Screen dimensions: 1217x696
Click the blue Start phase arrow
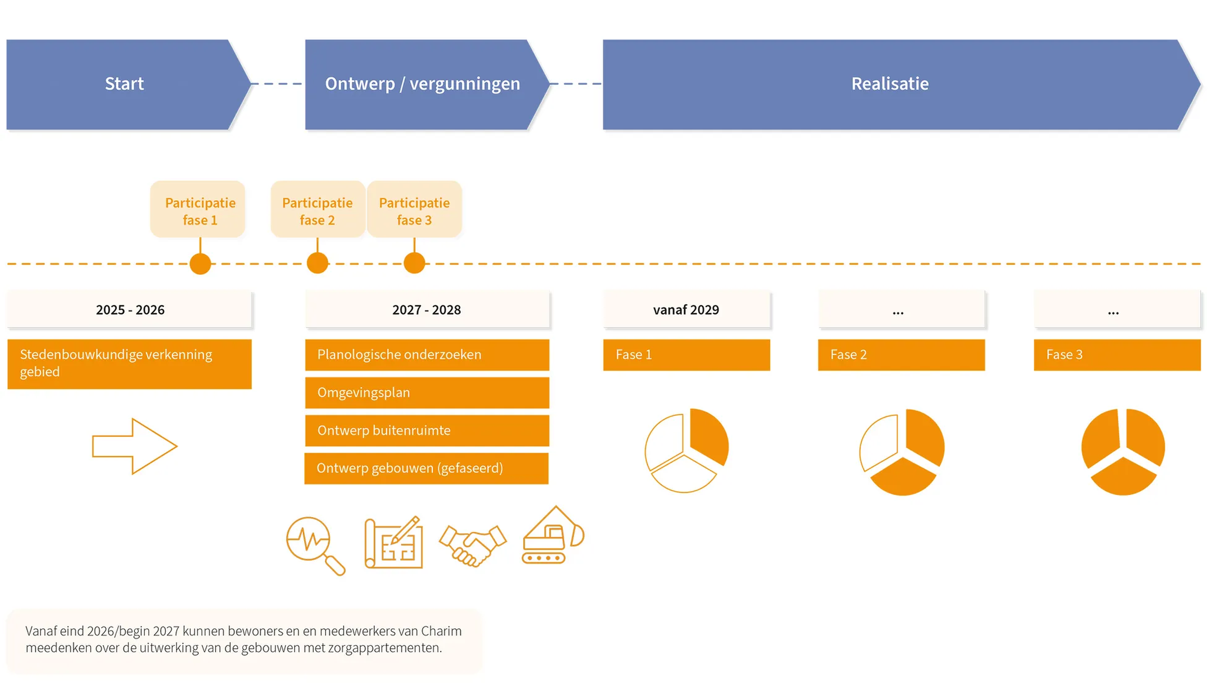tap(128, 84)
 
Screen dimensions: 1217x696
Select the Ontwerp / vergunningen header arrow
tap(427, 84)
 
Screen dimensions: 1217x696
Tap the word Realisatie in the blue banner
tap(890, 84)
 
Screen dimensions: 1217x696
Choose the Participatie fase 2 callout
tap(317, 209)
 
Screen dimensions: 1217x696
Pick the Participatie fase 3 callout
tap(414, 209)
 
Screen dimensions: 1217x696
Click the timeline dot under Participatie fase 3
tap(414, 263)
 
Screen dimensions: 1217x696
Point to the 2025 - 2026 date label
tap(130, 310)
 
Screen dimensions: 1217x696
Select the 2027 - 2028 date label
tap(427, 310)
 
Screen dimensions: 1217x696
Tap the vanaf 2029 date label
tap(687, 310)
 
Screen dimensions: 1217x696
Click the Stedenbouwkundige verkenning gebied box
tap(130, 364)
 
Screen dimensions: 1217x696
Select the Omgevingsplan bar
tap(427, 393)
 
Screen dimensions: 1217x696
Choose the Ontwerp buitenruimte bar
tap(427, 430)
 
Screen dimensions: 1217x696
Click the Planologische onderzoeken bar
tap(427, 354)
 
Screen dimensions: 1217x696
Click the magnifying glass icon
tap(316, 545)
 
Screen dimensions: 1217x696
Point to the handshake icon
tap(473, 545)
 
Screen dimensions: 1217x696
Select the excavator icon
tap(553, 535)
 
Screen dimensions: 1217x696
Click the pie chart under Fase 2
tap(902, 452)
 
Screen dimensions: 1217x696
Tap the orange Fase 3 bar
tap(1117, 354)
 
